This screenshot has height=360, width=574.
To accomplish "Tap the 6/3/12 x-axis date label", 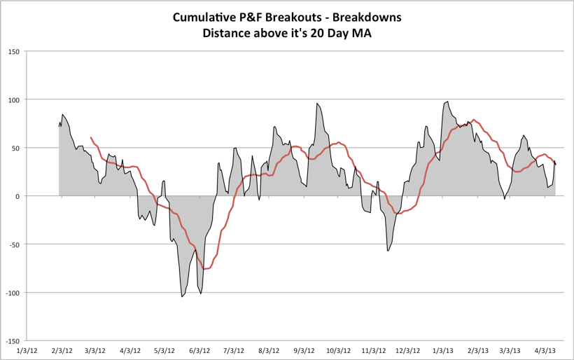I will click(x=199, y=349).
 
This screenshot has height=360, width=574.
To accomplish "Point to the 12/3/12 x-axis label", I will click(x=407, y=349).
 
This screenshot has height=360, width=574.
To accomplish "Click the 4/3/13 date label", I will click(x=546, y=349).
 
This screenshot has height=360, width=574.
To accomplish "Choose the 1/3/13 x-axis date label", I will click(x=442, y=349).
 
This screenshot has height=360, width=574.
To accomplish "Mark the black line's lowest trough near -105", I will click(x=182, y=297).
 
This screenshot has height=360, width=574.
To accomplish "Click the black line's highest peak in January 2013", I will click(x=447, y=102).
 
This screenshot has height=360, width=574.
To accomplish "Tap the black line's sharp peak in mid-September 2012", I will click(x=316, y=104).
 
